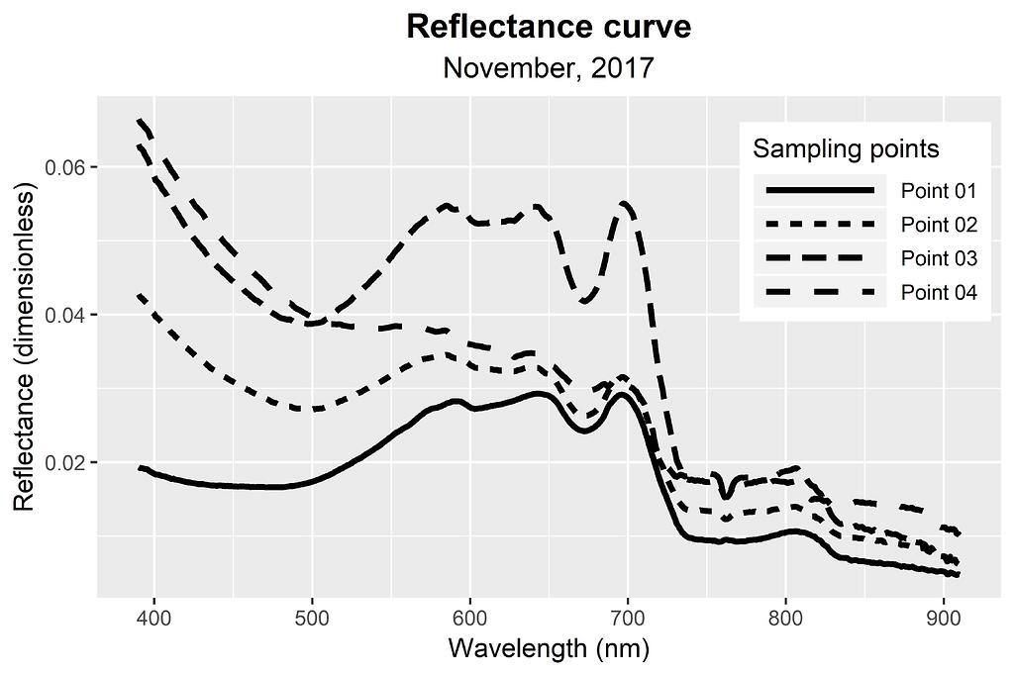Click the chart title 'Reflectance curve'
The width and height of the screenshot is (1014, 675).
click(x=549, y=27)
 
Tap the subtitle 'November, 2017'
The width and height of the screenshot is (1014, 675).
click(x=549, y=68)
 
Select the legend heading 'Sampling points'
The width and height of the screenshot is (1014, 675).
click(x=846, y=149)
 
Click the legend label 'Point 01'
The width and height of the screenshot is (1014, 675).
click(x=939, y=190)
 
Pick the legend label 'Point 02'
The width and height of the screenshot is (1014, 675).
click(x=939, y=225)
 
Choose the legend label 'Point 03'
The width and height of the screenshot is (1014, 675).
click(x=939, y=258)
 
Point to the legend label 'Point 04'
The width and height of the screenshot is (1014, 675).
click(x=939, y=293)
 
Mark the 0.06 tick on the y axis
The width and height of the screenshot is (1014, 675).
click(x=66, y=167)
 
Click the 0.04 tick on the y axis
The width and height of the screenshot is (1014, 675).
click(x=66, y=315)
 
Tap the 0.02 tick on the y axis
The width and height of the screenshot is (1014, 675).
click(x=66, y=462)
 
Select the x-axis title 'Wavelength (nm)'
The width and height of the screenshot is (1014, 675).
click(x=549, y=649)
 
